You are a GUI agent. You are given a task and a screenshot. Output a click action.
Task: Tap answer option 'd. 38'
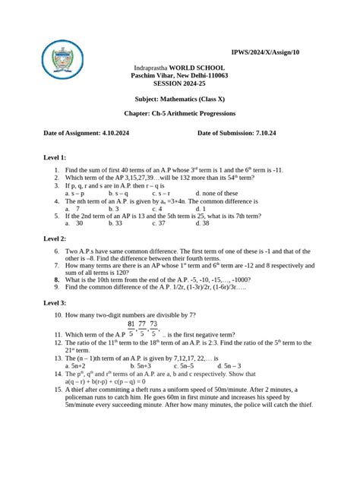[202, 223]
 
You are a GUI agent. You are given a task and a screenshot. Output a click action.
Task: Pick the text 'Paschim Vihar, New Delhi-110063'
[180, 76]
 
